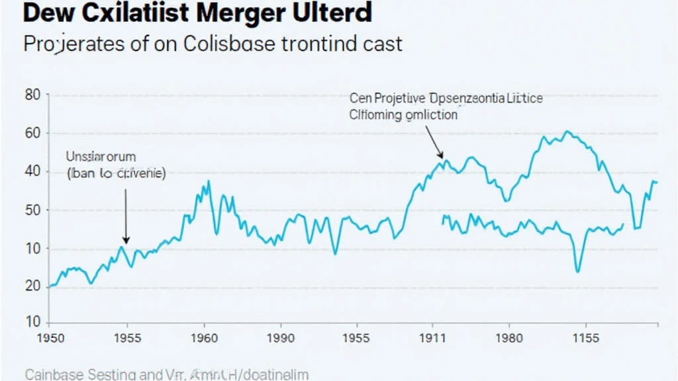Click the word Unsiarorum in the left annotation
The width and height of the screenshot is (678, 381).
101,157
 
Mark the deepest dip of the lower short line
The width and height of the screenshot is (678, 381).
578,271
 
